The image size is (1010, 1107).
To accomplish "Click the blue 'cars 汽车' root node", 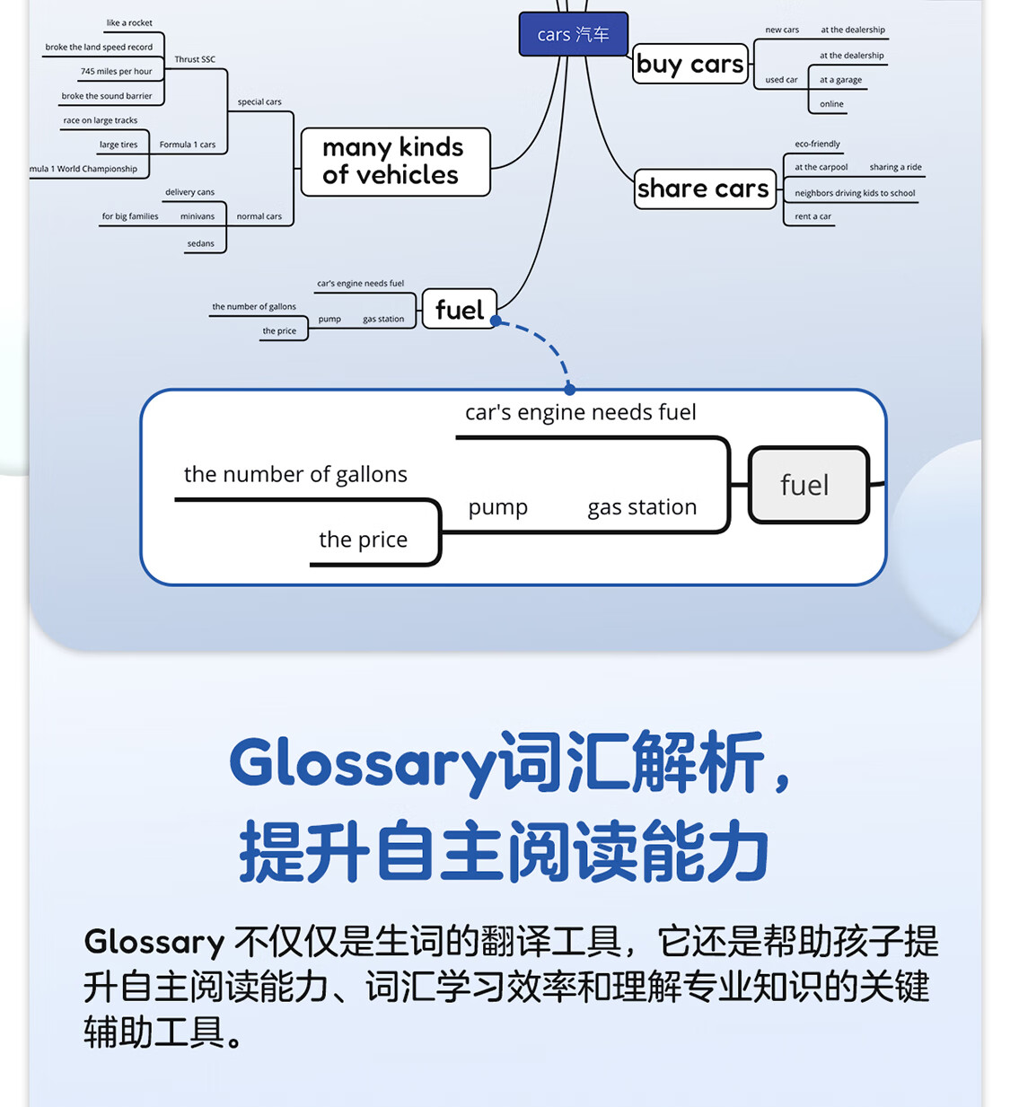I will click(x=573, y=34).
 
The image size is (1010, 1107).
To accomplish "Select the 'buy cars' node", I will click(x=689, y=64).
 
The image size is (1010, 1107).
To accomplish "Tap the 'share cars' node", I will click(x=704, y=189).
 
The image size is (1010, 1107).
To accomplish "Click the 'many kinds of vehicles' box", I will click(x=394, y=162).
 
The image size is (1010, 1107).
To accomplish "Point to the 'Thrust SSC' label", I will click(x=195, y=59).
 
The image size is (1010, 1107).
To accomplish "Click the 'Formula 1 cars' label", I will click(x=187, y=145).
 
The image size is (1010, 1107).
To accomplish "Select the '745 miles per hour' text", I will click(x=116, y=72).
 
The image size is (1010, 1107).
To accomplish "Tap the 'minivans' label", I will click(x=198, y=216).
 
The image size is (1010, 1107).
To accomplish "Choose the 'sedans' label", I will click(x=201, y=243).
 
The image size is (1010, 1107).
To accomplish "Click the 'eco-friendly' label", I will click(x=817, y=144).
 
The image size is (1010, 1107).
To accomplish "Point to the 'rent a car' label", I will click(x=812, y=216).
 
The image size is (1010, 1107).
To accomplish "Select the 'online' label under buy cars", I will click(x=831, y=104).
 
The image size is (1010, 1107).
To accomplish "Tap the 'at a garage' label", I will click(x=840, y=80).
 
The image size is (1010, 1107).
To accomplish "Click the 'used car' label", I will click(x=781, y=80).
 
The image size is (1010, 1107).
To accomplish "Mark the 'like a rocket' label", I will click(x=129, y=23).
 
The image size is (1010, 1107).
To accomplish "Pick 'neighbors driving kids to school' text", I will click(x=855, y=193).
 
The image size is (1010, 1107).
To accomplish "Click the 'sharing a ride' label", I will click(x=895, y=167).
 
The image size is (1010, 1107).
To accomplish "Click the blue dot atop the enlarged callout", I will click(x=569, y=390).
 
